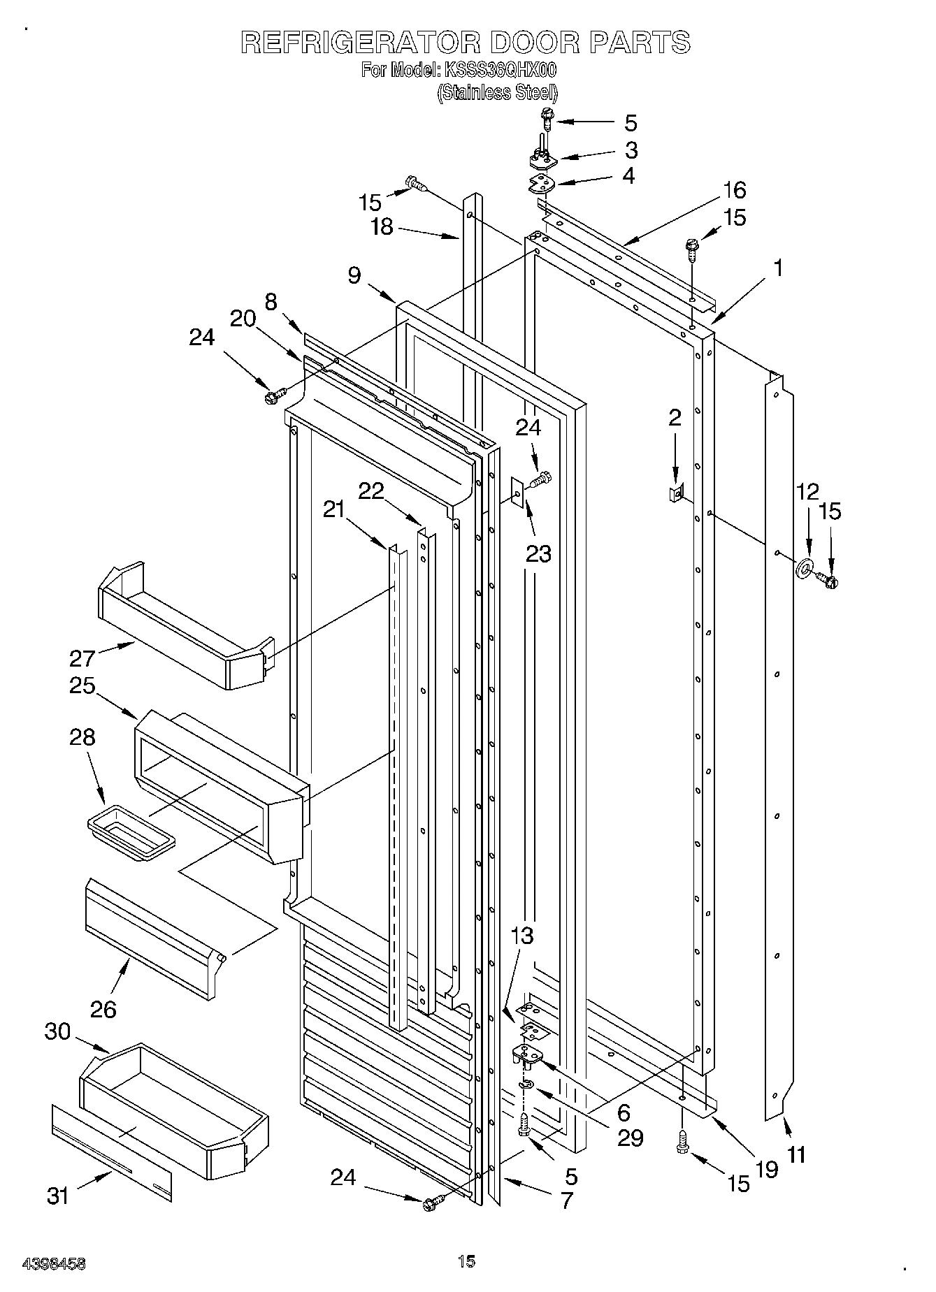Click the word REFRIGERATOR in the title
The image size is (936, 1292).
point(360,43)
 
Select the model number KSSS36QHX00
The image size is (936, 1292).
point(498,71)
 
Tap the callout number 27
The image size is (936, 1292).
point(82,658)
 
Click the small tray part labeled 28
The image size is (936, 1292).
point(131,833)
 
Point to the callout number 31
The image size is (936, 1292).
point(58,1196)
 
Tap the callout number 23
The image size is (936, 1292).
point(538,554)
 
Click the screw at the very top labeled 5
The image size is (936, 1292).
point(547,122)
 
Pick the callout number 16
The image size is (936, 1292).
point(733,190)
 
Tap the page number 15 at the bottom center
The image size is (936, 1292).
point(466,1261)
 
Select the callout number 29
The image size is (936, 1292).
point(631,1138)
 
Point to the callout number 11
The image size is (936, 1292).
point(795,1154)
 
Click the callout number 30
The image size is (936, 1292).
point(58,1031)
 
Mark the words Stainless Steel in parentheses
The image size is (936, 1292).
point(497,93)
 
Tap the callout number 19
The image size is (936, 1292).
point(766,1169)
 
